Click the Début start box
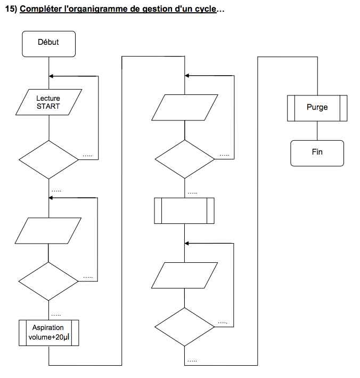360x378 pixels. point(48,44)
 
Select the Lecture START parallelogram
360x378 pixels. point(48,102)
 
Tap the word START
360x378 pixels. point(48,106)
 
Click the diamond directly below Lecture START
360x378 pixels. point(48,159)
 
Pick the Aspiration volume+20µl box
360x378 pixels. point(48,333)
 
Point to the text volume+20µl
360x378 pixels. point(49,337)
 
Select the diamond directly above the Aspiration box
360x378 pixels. point(48,282)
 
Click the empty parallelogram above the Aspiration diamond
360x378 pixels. point(48,231)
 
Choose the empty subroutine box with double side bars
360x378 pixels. point(184,211)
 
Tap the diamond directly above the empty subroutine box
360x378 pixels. point(184,159)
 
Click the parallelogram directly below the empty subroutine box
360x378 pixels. point(184,275)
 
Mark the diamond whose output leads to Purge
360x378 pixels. point(184,327)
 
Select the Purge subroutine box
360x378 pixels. point(317,108)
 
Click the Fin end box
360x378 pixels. point(317,153)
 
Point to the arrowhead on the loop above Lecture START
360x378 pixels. point(51,76)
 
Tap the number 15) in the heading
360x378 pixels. point(11,9)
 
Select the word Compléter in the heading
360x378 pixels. point(40,9)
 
